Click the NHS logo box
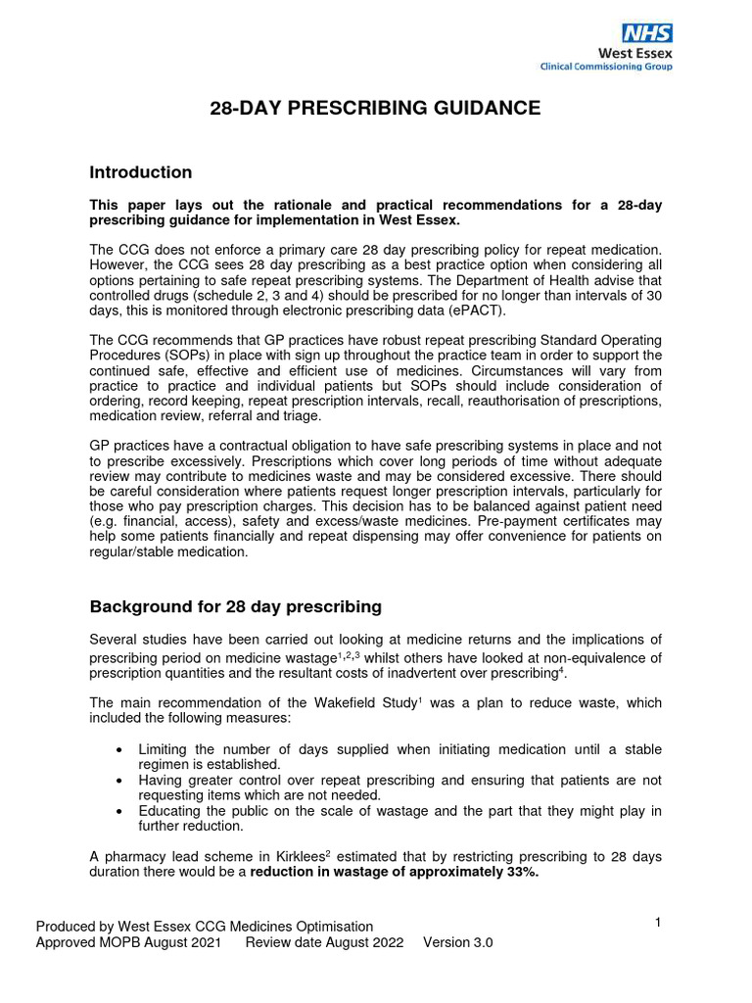point(647,32)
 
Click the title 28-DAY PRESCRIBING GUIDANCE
point(375,108)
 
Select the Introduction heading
point(141,172)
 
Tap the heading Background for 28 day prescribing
point(235,606)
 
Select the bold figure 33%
point(520,872)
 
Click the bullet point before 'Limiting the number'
point(118,750)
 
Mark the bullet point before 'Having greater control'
point(118,781)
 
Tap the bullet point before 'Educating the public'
point(118,811)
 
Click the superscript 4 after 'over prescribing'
point(561,670)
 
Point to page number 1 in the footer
point(658,922)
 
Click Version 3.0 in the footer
point(457,942)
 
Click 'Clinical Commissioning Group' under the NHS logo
point(606,67)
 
